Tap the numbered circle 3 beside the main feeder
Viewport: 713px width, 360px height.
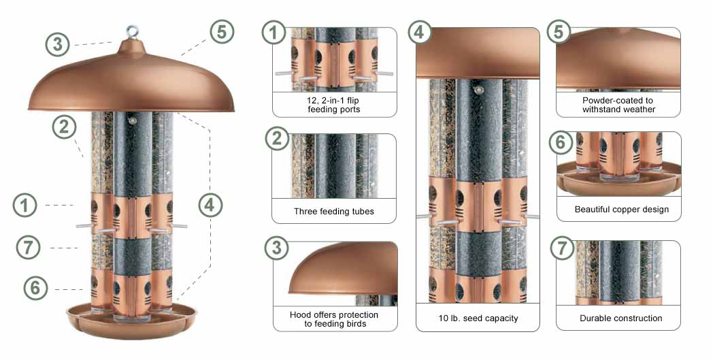58,45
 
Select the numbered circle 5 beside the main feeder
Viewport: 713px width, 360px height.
222,32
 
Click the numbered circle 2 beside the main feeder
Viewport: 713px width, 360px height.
64,127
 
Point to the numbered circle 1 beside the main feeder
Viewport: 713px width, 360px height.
25,206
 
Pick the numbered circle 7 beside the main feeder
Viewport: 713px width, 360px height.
28,248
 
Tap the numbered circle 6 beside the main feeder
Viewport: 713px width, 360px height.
35,288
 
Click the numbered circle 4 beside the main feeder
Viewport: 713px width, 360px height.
210,206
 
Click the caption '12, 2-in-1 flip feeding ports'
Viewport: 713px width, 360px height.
334,105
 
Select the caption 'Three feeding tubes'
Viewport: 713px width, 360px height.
334,211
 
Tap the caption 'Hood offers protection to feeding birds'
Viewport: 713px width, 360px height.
334,319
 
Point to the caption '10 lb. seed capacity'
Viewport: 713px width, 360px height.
478,318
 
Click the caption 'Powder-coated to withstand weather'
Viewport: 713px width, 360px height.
618,105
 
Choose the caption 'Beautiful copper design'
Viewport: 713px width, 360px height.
622,210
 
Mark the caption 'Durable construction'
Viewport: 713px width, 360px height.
620,318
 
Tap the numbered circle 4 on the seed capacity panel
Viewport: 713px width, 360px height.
419,32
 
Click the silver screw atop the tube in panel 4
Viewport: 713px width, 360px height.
478,90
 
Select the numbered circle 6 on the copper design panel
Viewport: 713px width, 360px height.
561,143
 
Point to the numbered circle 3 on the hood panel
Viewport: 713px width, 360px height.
276,248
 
